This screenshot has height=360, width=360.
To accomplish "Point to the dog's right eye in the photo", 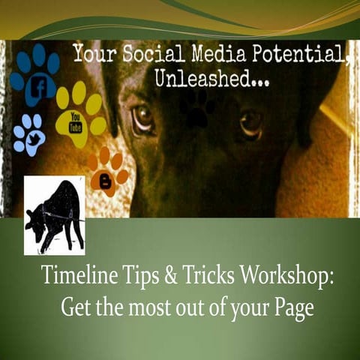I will pyautogui.click(x=250, y=121).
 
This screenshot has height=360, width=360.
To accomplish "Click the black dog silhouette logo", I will pyautogui.click(x=54, y=215).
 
